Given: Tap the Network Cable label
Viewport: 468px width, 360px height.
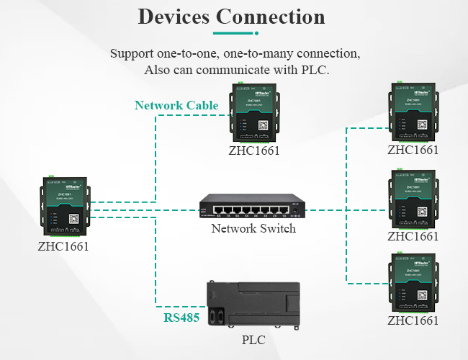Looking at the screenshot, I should point(176,106).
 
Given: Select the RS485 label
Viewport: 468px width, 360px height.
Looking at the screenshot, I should point(181,318).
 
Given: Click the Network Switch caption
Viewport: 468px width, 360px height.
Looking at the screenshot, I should point(253,229).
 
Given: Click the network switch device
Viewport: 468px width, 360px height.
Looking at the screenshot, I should point(253,207).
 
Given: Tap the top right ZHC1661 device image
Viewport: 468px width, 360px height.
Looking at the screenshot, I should point(413,112).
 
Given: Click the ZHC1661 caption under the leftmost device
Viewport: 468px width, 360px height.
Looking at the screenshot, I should point(63,246).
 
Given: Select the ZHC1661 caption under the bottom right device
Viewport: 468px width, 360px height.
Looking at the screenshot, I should point(413,321).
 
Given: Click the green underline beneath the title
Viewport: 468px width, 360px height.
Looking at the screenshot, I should point(234,33).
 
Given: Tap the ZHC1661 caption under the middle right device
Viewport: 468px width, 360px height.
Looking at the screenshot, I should point(413,236).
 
